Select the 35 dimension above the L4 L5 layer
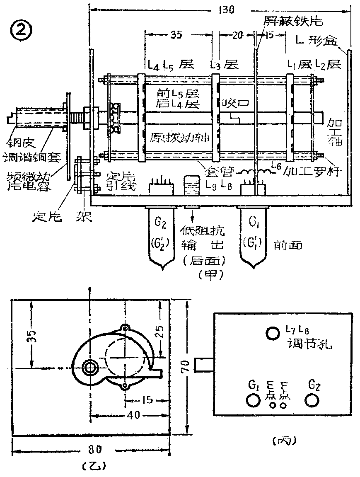click(x=176, y=35)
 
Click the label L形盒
click(x=318, y=40)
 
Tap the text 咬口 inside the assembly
click(x=235, y=103)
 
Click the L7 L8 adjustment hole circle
click(x=273, y=333)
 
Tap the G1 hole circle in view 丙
click(x=253, y=400)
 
